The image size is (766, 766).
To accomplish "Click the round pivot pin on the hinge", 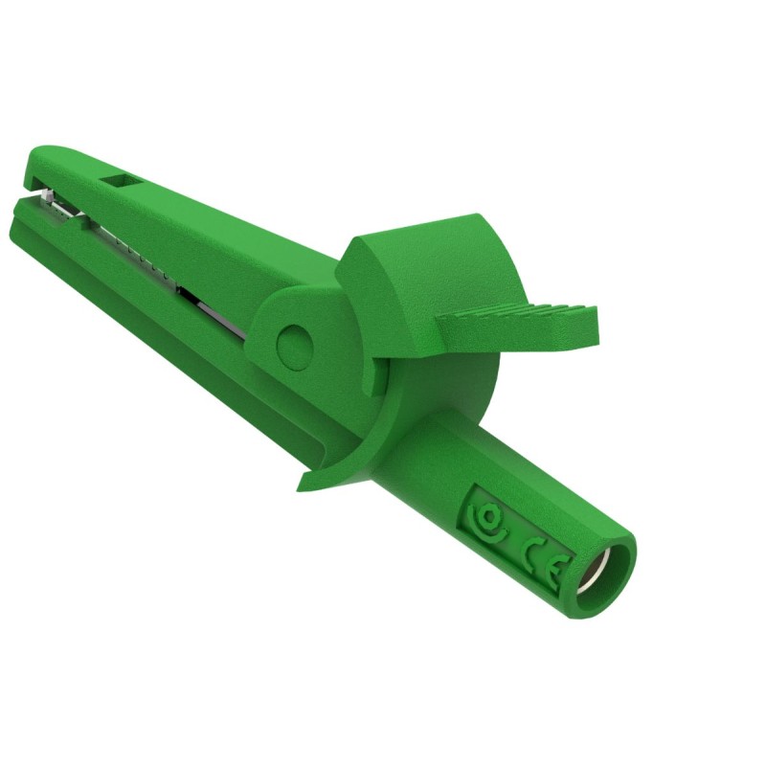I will pos(294,342).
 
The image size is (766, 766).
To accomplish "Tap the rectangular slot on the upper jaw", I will pos(122,182).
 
